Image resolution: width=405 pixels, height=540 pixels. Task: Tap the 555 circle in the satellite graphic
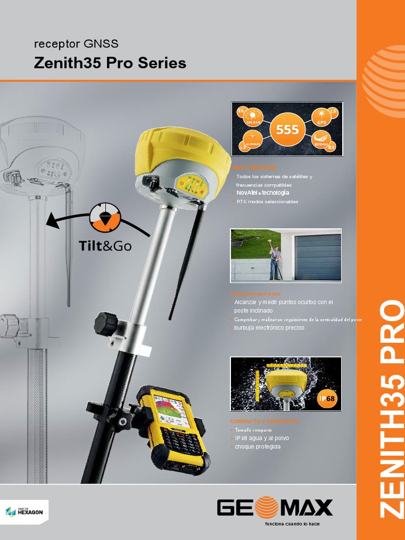pyautogui.click(x=287, y=129)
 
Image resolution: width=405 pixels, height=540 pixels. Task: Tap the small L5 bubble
pyautogui.click(x=333, y=111)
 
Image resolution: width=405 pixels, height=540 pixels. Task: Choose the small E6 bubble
pyautogui.click(x=242, y=111)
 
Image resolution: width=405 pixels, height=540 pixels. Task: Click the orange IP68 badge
pyautogui.click(x=327, y=399)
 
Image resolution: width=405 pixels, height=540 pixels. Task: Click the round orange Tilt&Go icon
pyautogui.click(x=105, y=218)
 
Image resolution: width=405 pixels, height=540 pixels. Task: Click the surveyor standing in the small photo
pyautogui.click(x=275, y=262)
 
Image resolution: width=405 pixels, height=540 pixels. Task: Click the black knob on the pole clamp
pyautogui.click(x=105, y=323)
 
